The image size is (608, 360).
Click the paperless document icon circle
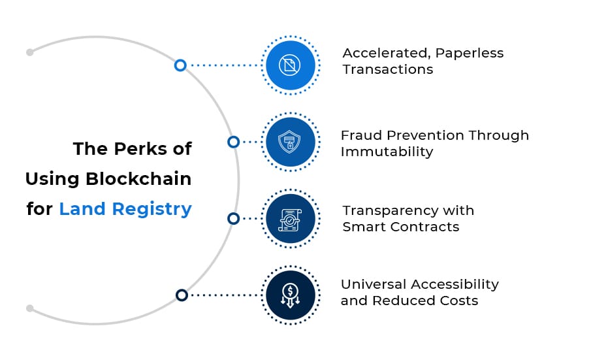[290, 65]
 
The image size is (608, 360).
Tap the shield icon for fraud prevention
[290, 142]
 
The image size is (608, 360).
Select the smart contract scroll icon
[290, 218]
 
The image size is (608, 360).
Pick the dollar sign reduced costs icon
[290, 295]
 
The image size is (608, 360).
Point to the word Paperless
[465, 53]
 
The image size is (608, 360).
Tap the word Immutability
[387, 152]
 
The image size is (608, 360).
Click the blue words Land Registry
[125, 209]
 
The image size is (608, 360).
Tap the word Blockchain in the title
[138, 178]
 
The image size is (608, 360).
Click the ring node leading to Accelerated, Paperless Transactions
[180, 65]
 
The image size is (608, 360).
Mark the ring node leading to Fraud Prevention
[233, 142]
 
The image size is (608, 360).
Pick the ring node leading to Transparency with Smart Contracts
[233, 218]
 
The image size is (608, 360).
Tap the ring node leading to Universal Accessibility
[182, 295]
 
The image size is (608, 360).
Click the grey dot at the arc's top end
[29, 52]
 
